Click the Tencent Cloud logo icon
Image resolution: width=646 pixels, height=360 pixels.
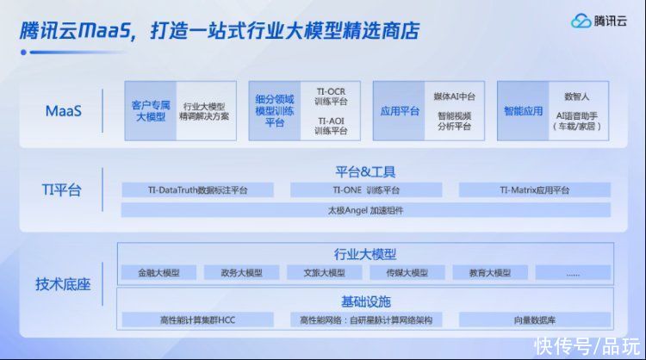click(x=581, y=21)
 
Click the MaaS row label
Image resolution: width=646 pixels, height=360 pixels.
click(x=64, y=111)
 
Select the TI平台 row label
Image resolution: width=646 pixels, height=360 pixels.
click(x=61, y=189)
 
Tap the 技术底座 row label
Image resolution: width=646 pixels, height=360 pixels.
click(x=63, y=284)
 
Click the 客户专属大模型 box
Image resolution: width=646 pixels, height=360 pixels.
click(x=151, y=111)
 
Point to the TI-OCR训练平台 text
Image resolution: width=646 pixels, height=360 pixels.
click(x=332, y=96)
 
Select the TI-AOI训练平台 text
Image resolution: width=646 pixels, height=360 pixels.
click(x=332, y=126)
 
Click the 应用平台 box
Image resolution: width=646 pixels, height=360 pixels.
click(x=399, y=111)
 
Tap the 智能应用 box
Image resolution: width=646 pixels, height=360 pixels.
click(x=523, y=111)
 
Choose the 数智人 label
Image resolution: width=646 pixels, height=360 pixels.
click(x=577, y=96)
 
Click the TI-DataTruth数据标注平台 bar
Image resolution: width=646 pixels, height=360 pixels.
click(x=198, y=189)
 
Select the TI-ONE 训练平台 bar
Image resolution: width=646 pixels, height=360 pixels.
click(x=366, y=189)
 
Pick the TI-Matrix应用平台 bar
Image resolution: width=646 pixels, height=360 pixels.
click(x=535, y=189)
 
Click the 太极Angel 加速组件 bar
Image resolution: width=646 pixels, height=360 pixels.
click(x=366, y=210)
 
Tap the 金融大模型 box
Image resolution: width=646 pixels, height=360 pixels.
click(x=159, y=273)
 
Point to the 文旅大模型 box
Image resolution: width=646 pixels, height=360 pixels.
click(x=325, y=273)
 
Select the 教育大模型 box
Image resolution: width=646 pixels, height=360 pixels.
click(x=490, y=273)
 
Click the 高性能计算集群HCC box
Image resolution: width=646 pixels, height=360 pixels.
click(x=198, y=320)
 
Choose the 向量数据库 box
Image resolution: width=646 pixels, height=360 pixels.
click(x=535, y=320)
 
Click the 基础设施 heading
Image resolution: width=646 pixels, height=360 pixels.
click(x=366, y=302)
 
